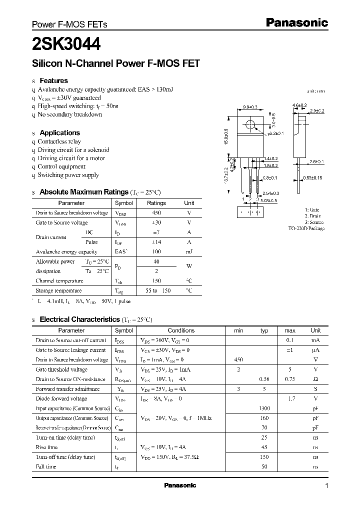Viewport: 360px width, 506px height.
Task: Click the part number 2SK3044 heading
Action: click(66, 44)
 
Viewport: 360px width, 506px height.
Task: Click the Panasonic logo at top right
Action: click(296, 22)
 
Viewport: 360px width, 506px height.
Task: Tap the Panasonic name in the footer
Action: click(180, 485)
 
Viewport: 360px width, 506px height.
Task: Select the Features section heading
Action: click(53, 80)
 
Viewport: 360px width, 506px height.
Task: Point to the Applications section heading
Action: click(59, 132)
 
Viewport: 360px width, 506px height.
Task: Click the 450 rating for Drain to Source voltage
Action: click(156, 213)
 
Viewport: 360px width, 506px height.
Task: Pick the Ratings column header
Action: click(156, 203)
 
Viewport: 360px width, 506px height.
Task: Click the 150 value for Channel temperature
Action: click(156, 280)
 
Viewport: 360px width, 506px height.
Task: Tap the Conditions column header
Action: click(181, 330)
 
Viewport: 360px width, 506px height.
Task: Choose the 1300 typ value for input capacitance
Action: click(264, 408)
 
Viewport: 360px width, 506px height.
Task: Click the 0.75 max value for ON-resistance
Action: click(290, 379)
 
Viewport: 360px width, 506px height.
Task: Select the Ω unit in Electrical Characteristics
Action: click(315, 379)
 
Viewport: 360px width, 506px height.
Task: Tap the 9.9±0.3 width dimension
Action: click(250, 107)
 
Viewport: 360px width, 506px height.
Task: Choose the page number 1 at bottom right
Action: click(326, 486)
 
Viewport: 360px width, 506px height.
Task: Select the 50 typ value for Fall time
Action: click(264, 466)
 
